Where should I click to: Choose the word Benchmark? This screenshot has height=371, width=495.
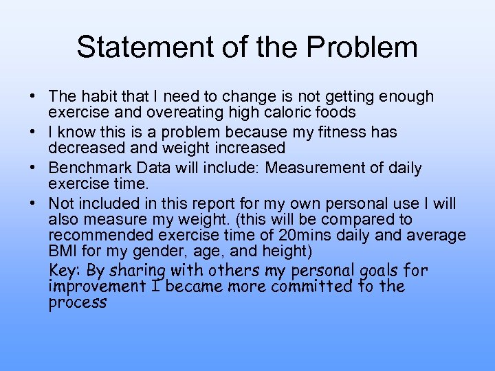pyautogui.click(x=89, y=168)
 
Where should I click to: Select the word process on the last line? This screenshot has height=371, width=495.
pyautogui.click(x=77, y=303)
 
